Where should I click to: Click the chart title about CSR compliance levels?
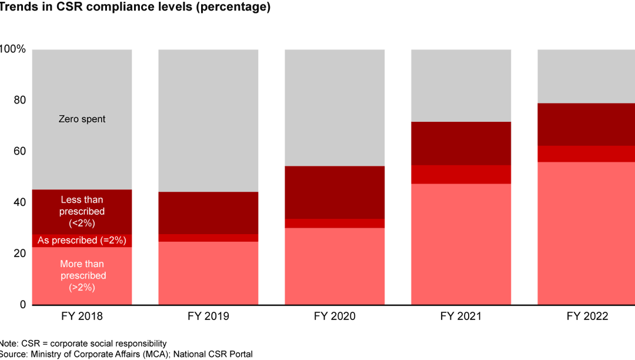tap(135, 8)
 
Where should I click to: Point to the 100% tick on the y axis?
tap(13, 49)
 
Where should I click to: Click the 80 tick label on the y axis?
tap(19, 100)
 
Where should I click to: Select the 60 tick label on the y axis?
tap(19, 151)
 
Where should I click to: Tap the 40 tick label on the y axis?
tap(19, 202)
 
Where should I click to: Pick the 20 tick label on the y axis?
tap(19, 254)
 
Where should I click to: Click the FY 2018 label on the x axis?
tap(82, 316)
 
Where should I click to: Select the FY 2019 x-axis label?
tap(208, 316)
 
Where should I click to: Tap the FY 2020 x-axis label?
tap(335, 316)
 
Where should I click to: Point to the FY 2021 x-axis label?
tap(461, 316)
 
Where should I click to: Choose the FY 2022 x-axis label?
tap(587, 316)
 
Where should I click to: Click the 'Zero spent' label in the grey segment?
tap(82, 119)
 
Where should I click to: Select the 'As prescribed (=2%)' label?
tap(82, 241)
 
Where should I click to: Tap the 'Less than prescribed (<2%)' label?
tap(82, 211)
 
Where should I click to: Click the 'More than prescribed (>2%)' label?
tap(83, 275)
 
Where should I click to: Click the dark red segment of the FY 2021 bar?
tap(461, 144)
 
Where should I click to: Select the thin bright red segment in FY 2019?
tap(208, 238)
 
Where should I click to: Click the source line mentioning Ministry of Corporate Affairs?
tap(126, 354)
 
